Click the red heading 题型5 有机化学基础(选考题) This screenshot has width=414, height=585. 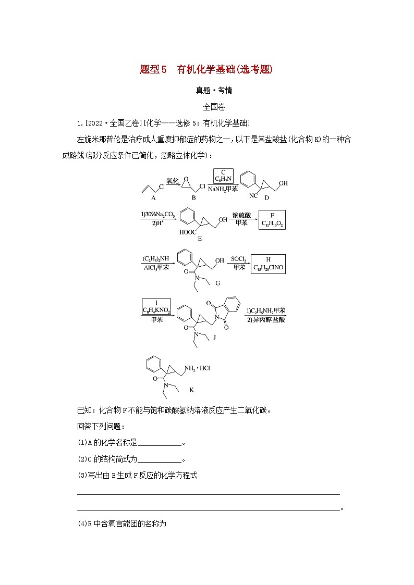point(206,69)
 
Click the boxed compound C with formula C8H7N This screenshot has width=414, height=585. point(223,176)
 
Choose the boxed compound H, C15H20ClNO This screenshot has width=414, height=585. point(269,264)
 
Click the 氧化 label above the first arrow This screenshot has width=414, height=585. point(173,180)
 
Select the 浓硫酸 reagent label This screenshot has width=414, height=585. point(239,214)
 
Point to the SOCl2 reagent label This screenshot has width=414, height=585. point(238,258)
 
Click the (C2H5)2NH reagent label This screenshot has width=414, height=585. point(155,258)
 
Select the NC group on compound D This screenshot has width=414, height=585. point(253,196)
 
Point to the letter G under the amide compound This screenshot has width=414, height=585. point(217,282)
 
